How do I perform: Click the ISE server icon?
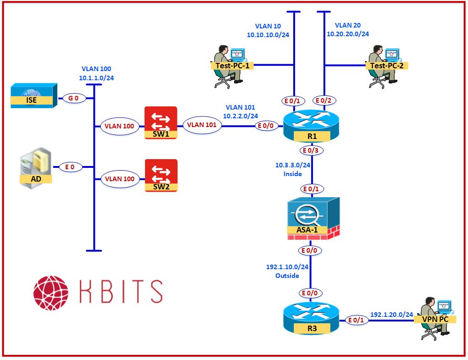click(x=34, y=96)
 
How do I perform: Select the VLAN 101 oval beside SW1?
click(x=202, y=125)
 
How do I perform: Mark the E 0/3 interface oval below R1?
click(x=312, y=150)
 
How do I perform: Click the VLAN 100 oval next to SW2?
click(x=119, y=179)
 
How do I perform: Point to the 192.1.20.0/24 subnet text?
click(x=391, y=315)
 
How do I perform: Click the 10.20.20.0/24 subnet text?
click(x=348, y=33)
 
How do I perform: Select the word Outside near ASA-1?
click(x=287, y=276)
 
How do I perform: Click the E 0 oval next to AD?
click(x=70, y=167)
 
